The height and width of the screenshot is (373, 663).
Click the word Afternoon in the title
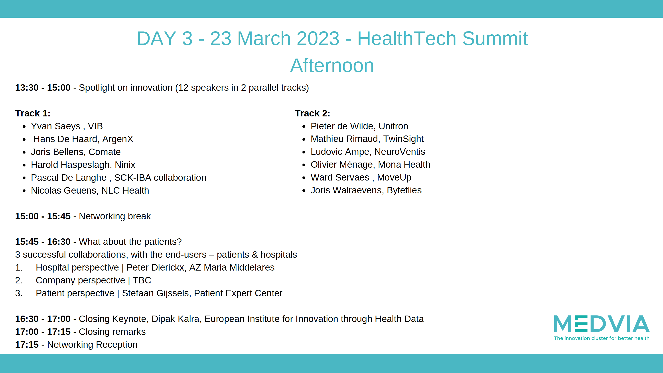332,65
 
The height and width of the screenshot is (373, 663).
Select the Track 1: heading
33,113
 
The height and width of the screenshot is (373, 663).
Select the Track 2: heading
312,113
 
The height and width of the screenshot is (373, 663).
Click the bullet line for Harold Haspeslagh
83,165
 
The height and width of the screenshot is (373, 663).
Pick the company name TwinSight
403,139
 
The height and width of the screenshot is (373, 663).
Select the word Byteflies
404,190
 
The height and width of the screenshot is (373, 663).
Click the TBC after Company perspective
142,280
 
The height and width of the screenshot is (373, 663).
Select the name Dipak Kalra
175,319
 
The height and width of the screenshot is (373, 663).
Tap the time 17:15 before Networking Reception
27,344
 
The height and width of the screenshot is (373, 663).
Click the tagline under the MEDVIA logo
602,338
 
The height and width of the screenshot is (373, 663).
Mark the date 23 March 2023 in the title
275,38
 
